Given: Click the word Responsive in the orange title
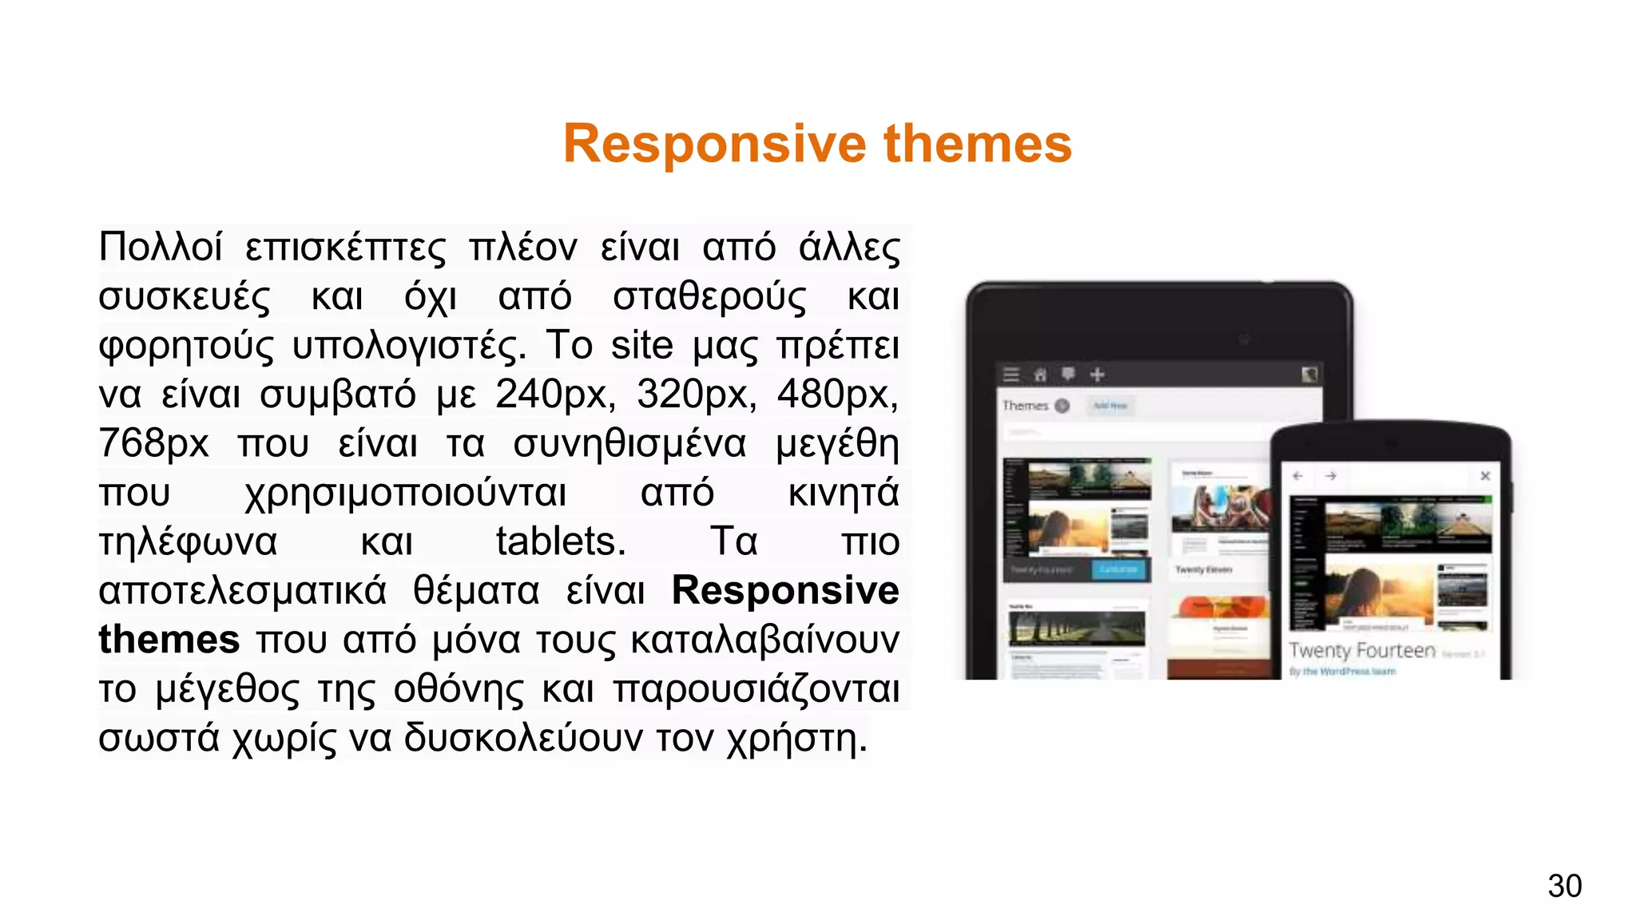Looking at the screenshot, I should (714, 145).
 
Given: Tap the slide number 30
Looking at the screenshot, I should (1564, 886).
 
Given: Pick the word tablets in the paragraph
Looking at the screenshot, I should (560, 541).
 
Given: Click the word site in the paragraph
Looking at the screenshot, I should (641, 346).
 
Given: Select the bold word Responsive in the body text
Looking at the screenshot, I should (784, 591).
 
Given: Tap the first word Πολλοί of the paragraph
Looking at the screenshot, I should (160, 247).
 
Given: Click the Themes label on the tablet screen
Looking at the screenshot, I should (1025, 406).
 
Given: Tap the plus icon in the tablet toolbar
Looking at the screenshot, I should (1098, 375).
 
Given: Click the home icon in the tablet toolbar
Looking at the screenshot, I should (1040, 375).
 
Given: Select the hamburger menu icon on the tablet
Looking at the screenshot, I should (1011, 375).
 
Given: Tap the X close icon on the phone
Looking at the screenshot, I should (1485, 476).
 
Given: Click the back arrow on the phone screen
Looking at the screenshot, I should (1298, 476).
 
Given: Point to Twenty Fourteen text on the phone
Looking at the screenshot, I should (1361, 651).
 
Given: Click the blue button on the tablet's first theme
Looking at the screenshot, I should (1118, 569).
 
